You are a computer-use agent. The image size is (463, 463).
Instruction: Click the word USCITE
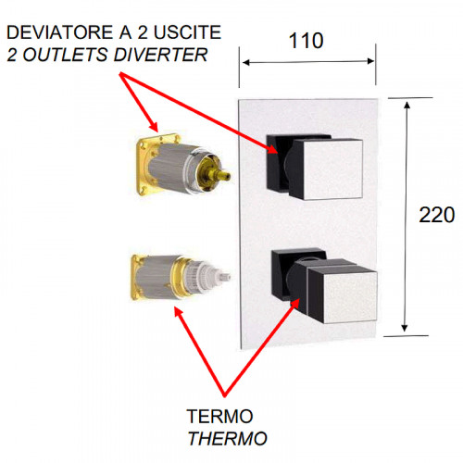tap(191, 32)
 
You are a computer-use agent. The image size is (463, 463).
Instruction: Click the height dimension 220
tap(437, 215)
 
